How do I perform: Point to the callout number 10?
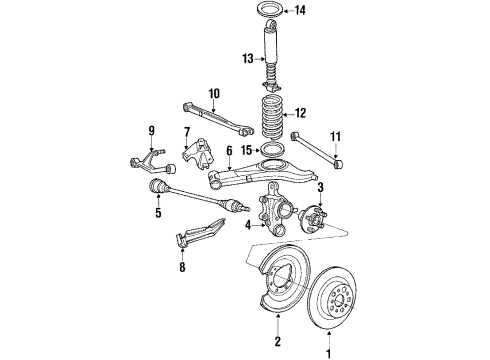tap(213, 94)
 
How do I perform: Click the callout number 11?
tap(334, 136)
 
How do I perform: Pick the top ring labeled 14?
tap(274, 12)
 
